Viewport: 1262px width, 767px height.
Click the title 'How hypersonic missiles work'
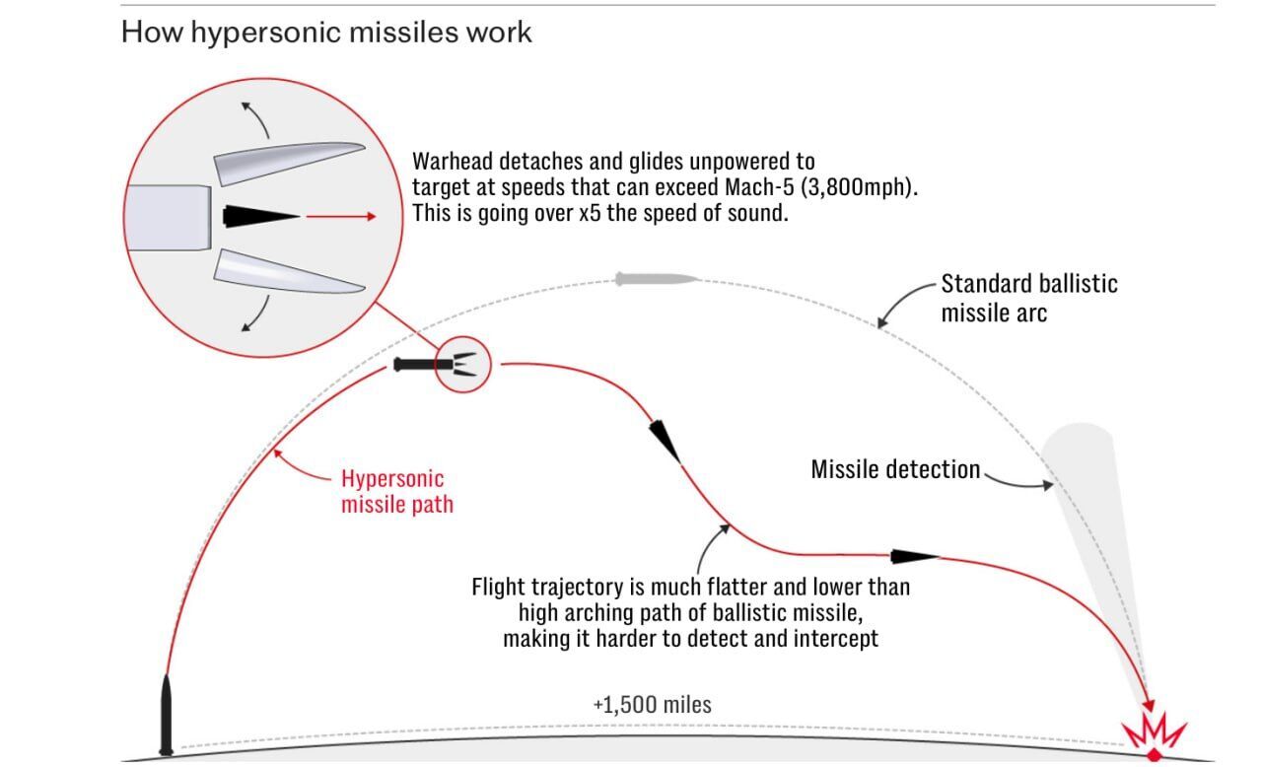click(325, 32)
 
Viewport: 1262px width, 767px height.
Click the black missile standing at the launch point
click(167, 715)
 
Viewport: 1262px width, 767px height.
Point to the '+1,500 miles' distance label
click(652, 705)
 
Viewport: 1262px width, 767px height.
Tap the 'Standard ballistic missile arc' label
click(1028, 299)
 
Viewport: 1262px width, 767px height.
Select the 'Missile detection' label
click(895, 470)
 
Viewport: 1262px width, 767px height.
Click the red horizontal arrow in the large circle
click(340, 216)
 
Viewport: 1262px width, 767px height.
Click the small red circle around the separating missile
click(462, 364)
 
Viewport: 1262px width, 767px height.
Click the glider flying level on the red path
click(913, 557)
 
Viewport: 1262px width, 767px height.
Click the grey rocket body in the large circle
click(168, 217)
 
